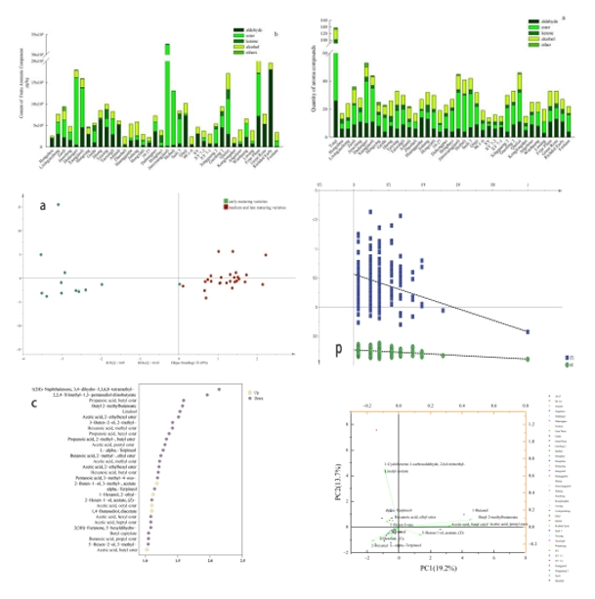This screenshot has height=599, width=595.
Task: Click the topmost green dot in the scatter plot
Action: coord(59,204)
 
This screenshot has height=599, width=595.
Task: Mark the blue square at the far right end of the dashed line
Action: coord(528,332)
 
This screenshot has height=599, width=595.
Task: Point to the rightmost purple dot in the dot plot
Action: coord(219,389)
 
